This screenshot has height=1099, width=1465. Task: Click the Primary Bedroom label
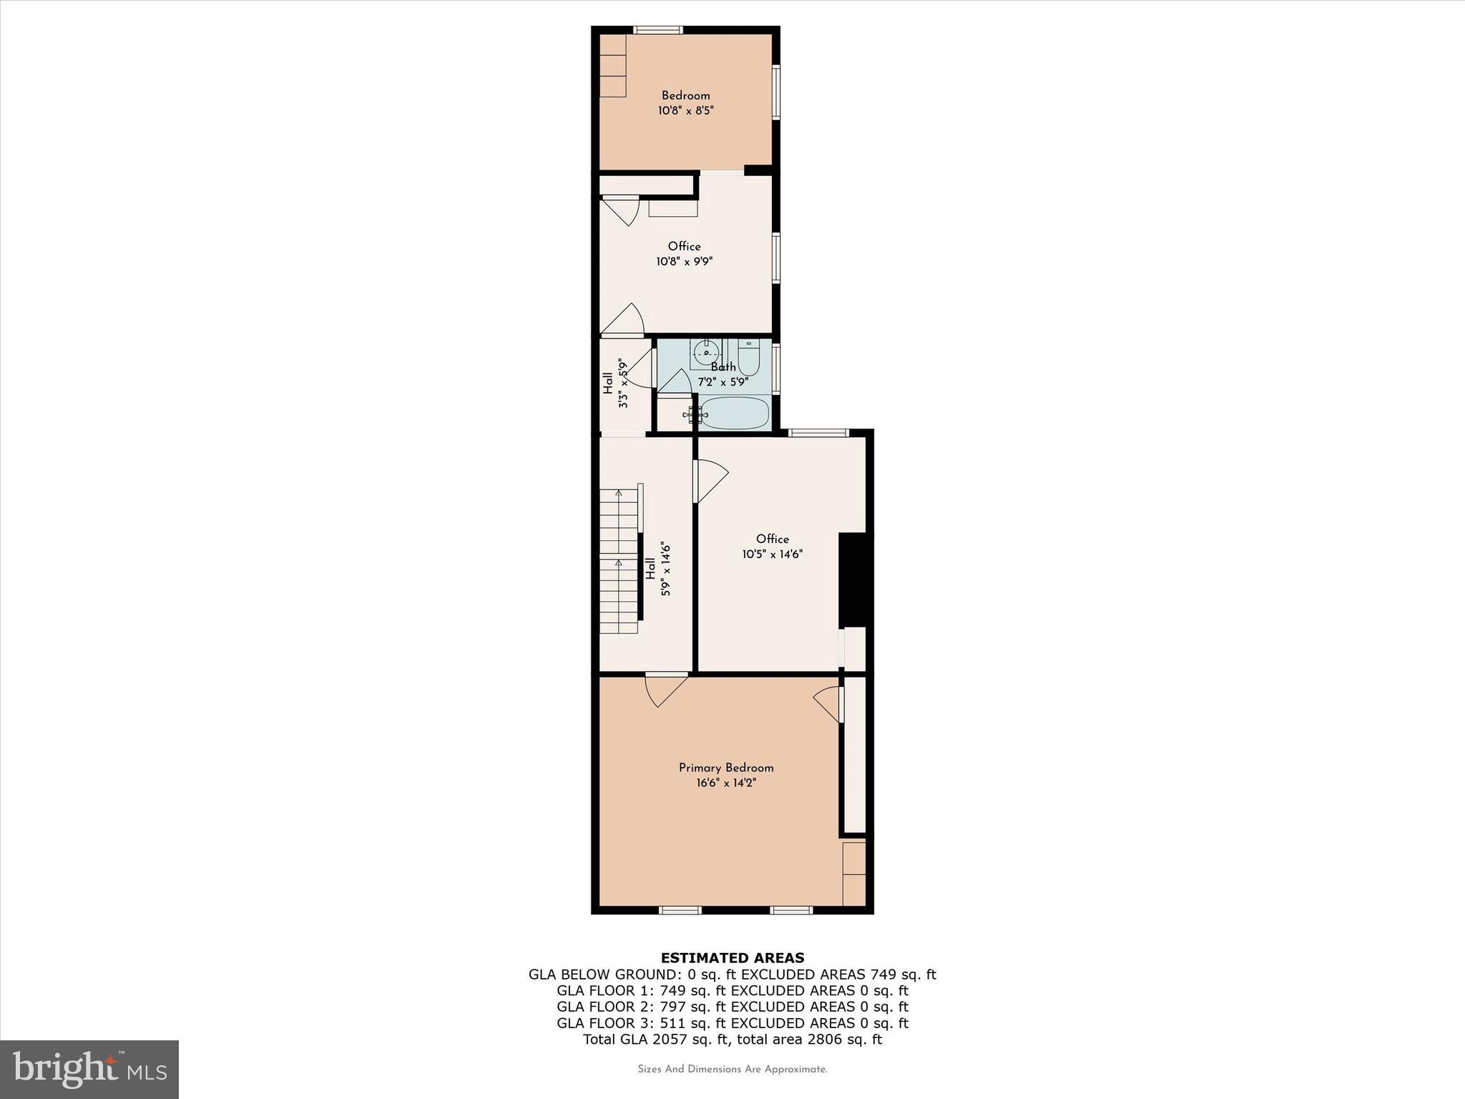[x=726, y=768]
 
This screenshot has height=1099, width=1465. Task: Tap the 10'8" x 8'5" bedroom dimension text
[x=686, y=111]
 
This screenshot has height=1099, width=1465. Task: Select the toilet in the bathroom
[x=748, y=358]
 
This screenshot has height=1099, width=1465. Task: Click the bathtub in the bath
[x=735, y=414]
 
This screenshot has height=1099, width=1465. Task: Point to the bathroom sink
[x=706, y=352]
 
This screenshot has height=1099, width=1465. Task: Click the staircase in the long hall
[x=618, y=561]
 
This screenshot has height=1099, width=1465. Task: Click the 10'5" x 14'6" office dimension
[x=773, y=554]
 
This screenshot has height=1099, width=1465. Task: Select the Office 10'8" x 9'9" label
[x=685, y=254]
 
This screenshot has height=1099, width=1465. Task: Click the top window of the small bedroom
[x=657, y=30]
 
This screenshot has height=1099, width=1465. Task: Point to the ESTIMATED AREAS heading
[x=732, y=957]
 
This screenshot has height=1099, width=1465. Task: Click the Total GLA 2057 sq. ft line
[x=732, y=1040]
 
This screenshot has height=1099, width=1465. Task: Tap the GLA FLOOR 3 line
[x=732, y=1023]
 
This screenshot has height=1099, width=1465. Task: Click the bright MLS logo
[x=89, y=1069]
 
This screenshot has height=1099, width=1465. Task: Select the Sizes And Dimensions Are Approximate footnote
[x=732, y=1069]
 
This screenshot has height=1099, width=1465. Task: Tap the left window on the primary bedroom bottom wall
[x=680, y=910]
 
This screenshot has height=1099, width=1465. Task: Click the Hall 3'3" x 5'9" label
[x=615, y=384]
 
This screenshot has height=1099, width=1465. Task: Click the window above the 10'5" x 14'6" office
[x=818, y=432]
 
